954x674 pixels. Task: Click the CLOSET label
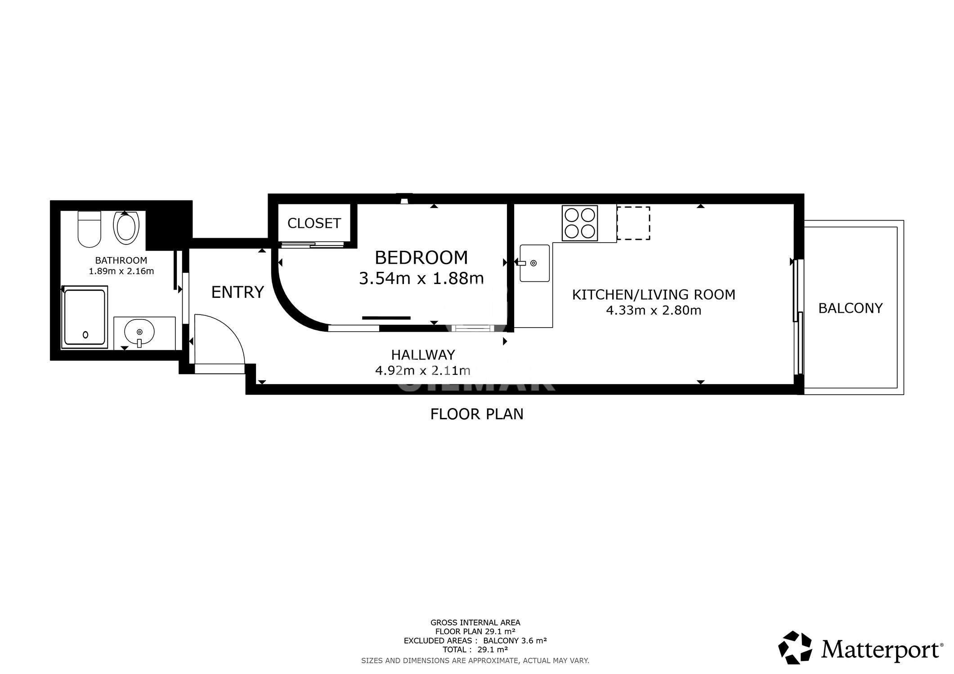click(314, 223)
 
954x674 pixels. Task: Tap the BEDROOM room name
click(421, 258)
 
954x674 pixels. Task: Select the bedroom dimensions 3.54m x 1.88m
click(421, 279)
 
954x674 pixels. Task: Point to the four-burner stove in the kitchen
click(580, 223)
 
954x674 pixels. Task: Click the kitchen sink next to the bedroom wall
click(534, 263)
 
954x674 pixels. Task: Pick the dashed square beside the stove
click(633, 223)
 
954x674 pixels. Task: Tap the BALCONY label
click(850, 308)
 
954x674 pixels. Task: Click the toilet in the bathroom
click(89, 229)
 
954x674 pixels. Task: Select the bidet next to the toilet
click(126, 228)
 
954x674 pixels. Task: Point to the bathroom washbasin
click(139, 333)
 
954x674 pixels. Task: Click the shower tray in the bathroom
click(84, 317)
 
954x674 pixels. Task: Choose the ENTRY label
click(237, 293)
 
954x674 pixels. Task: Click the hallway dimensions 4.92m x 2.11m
click(423, 371)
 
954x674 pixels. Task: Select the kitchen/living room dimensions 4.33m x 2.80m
click(654, 310)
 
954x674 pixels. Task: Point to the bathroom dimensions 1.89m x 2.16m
click(121, 271)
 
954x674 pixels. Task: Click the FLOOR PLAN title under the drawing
click(477, 414)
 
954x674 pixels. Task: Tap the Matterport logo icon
click(795, 647)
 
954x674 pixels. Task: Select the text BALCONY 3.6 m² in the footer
click(515, 641)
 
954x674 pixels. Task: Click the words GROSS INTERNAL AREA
click(475, 623)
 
